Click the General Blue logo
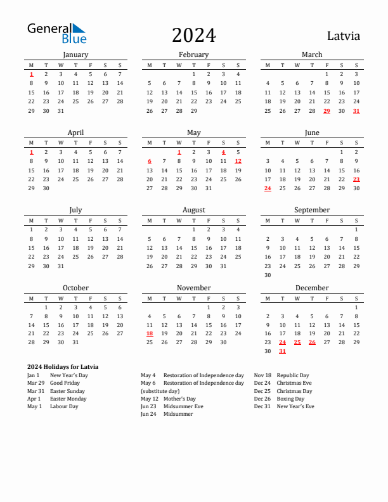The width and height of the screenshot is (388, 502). click(x=56, y=33)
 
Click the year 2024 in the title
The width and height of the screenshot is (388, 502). click(x=193, y=35)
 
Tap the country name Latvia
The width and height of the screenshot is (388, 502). click(x=344, y=35)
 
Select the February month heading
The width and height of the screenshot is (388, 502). click(x=193, y=55)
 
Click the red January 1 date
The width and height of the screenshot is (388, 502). click(x=31, y=74)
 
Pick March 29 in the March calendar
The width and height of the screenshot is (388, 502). click(x=327, y=111)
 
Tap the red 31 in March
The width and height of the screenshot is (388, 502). click(x=356, y=111)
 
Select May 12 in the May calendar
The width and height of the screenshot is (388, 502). click(x=238, y=161)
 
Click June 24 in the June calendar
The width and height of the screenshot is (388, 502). click(x=268, y=188)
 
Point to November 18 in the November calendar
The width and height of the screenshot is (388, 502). click(x=150, y=333)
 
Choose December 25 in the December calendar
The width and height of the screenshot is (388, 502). click(x=297, y=342)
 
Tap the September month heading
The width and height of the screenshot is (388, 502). click(x=312, y=210)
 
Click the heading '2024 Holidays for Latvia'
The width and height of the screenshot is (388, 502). click(x=63, y=367)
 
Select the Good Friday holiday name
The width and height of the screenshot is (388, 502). click(x=65, y=383)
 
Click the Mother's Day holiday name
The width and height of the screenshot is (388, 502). click(x=179, y=399)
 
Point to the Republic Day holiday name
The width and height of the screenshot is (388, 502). click(x=293, y=375)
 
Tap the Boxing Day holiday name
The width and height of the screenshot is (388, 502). click(x=290, y=399)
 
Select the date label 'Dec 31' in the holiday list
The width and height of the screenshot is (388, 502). click(x=262, y=406)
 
